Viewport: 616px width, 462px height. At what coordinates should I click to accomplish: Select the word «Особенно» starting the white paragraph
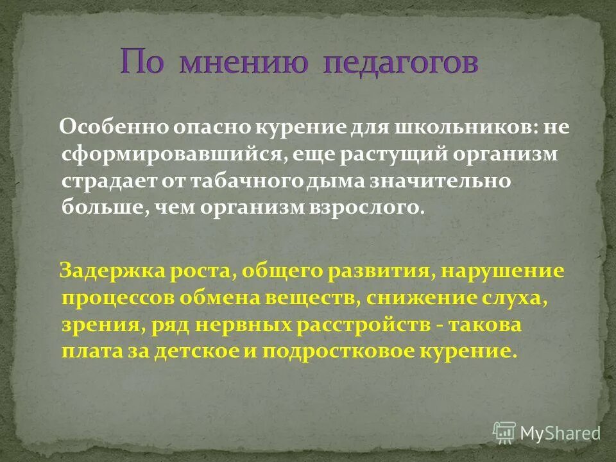click(114, 126)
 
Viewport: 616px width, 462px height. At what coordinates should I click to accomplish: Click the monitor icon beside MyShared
click(504, 432)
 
